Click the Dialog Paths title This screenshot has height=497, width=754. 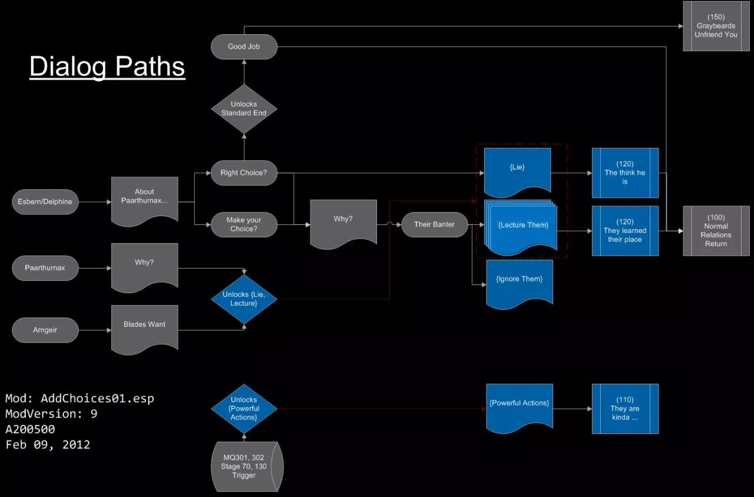(107, 67)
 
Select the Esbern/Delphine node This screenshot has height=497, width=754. (45, 202)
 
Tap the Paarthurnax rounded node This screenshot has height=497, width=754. (45, 268)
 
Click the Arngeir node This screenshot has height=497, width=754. (45, 330)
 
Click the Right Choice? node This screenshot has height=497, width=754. (244, 173)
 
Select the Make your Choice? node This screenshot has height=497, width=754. (244, 224)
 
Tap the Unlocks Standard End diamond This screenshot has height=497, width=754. (244, 109)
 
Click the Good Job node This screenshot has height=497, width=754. (244, 47)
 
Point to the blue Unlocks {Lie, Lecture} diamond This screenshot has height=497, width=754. (244, 299)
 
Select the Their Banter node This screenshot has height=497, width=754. (435, 224)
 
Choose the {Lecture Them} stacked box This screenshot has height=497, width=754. (522, 226)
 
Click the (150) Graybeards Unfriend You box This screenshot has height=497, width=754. (716, 26)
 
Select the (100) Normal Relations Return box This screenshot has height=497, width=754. (716, 231)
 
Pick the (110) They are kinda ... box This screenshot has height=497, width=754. (625, 409)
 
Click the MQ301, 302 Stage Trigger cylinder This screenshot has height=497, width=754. (245, 467)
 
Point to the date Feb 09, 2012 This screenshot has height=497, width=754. (48, 445)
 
